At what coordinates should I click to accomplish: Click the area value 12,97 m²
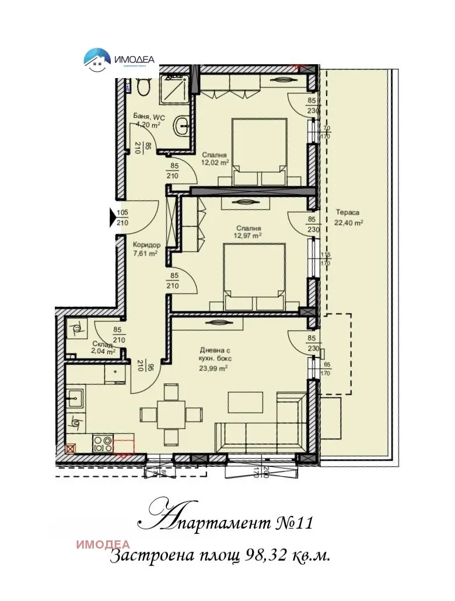point(249,236)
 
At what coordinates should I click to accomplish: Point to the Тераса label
point(347,213)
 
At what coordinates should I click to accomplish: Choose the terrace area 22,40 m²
point(349,222)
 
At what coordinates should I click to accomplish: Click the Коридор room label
point(146,245)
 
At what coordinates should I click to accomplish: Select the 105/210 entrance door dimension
point(123,217)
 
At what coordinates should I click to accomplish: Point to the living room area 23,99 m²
point(213,368)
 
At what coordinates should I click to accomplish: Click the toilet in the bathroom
point(143,86)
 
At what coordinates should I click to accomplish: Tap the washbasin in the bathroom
point(183,124)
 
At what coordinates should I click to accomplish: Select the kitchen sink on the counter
point(75,399)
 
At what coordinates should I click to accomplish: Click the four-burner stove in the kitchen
point(103,444)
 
